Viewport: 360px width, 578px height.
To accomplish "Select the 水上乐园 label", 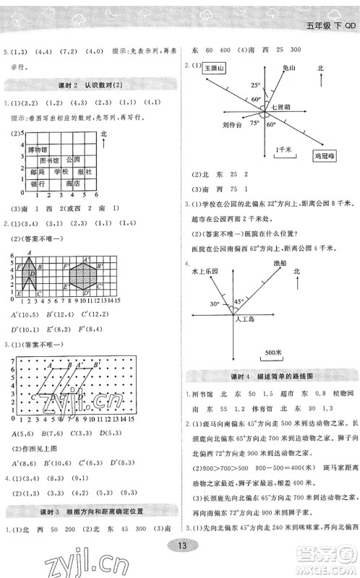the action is click(207, 271).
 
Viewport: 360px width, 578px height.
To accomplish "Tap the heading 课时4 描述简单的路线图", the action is click(271, 376).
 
